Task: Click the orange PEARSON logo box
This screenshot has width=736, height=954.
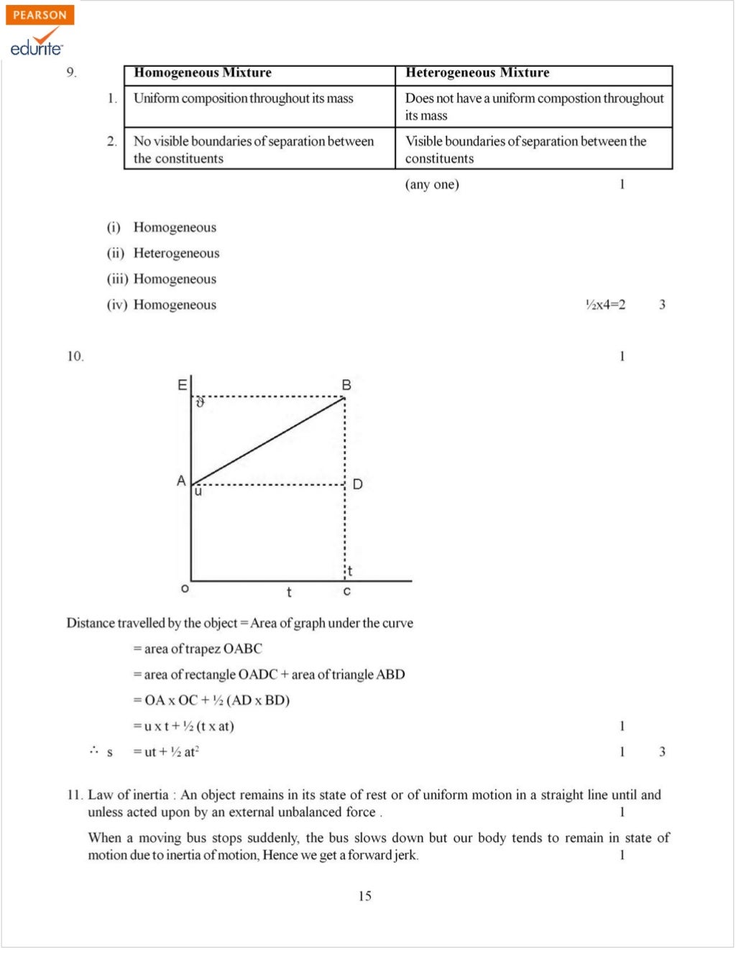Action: pos(40,15)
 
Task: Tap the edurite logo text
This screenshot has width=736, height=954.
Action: pos(36,47)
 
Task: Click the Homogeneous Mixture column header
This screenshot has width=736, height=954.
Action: pos(203,73)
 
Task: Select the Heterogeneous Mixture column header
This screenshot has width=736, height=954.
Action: pos(477,73)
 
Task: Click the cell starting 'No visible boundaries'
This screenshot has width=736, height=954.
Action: pos(254,149)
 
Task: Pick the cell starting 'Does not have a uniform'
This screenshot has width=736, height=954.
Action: pos(534,106)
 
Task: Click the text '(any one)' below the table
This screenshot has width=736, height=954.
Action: pos(432,185)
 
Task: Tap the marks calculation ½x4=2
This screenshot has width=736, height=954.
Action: pos(605,305)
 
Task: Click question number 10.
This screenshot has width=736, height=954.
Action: pos(75,356)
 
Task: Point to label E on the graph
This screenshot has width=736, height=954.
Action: pos(182,385)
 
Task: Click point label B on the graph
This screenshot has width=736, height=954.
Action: pos(346,385)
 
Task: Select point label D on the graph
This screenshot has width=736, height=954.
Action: pos(357,484)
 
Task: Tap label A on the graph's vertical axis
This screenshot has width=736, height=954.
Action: pos(181,481)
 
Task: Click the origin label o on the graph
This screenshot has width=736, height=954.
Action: pos(185,588)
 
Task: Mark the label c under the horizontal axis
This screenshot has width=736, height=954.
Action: pos(347,591)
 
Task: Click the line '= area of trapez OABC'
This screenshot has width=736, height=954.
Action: pos(198,649)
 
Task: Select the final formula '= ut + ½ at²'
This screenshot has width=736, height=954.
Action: pos(166,752)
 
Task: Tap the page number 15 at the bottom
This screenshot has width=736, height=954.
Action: pos(365,896)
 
